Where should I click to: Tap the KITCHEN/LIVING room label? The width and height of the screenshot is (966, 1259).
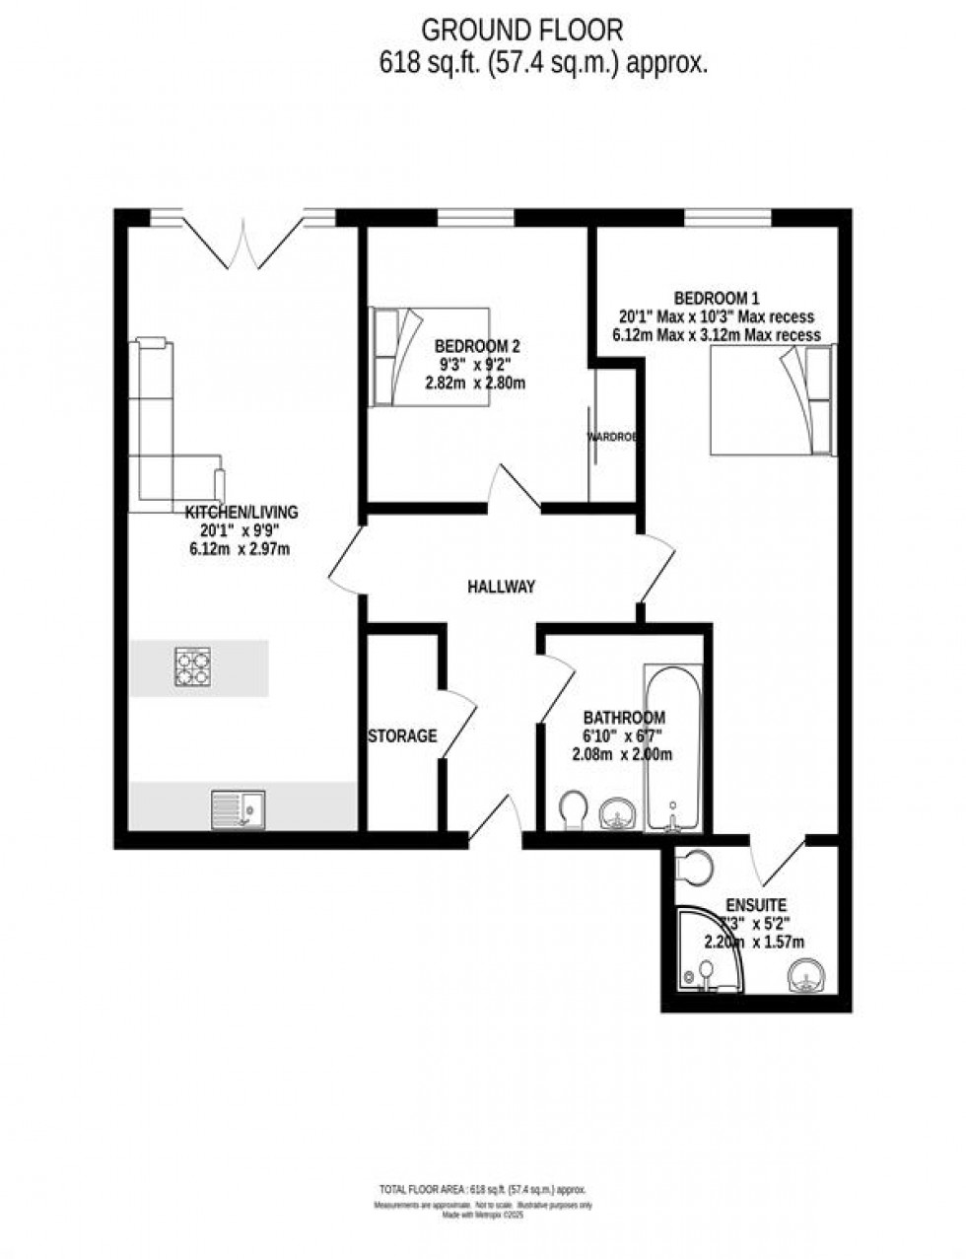(241, 512)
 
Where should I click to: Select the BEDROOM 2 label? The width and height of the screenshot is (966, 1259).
(477, 346)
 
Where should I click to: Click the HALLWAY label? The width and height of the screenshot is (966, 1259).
(501, 587)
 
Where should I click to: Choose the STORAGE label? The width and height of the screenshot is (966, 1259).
(402, 735)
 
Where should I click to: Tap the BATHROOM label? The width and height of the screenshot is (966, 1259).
(623, 718)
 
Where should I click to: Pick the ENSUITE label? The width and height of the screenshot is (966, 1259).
(756, 905)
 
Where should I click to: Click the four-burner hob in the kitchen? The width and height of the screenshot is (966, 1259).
(192, 666)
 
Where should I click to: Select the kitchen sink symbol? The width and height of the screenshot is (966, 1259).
(238, 809)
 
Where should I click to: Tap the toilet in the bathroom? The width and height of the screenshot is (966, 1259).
(571, 812)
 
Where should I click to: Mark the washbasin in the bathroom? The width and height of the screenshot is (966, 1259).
(618, 813)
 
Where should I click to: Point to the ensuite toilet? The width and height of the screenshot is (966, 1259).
(696, 867)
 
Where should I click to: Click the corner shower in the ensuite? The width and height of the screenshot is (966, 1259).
(705, 950)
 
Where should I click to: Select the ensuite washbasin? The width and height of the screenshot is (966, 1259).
(806, 975)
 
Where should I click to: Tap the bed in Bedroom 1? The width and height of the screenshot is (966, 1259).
(773, 400)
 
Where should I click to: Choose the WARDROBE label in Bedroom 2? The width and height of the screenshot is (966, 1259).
(611, 436)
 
